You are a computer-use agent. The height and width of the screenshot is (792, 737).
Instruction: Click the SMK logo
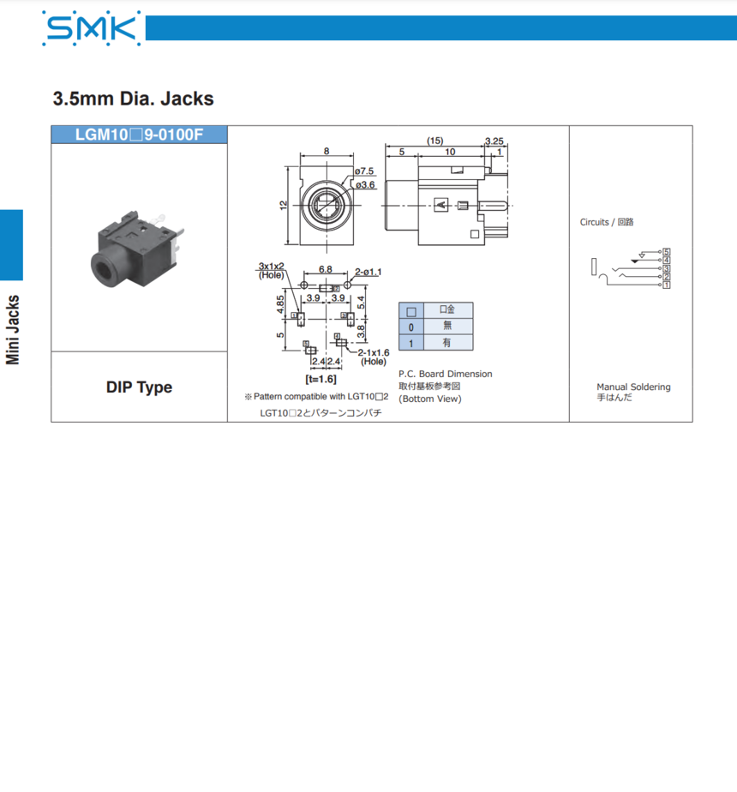tap(92, 28)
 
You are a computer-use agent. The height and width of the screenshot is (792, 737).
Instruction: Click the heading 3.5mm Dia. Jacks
tap(134, 99)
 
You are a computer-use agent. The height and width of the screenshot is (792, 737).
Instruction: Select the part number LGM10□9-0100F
tap(139, 135)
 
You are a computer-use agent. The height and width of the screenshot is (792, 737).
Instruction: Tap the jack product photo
tap(137, 248)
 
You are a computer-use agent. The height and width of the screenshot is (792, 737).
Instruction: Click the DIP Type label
tap(139, 387)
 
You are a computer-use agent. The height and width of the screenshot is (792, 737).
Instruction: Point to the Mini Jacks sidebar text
tap(13, 329)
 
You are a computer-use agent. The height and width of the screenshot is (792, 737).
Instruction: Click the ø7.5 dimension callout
tap(363, 171)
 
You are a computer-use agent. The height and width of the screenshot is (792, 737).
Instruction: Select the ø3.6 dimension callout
tap(365, 185)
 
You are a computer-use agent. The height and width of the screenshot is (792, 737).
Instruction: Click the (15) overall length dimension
tap(435, 141)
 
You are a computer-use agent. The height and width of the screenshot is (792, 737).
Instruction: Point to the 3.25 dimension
tap(494, 141)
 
